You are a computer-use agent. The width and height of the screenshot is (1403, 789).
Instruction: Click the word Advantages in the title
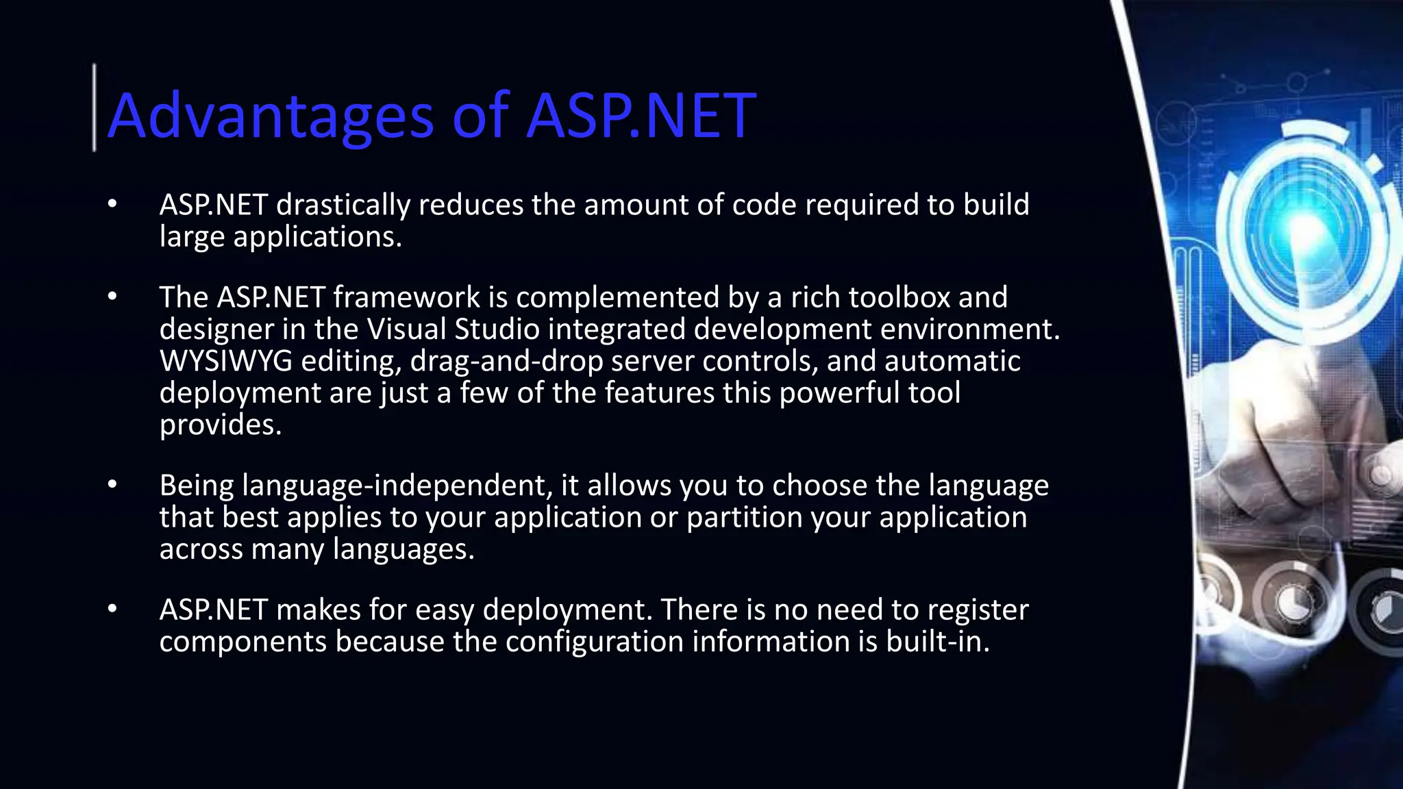271,116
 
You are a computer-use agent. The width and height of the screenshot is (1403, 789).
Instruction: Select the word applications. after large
317,237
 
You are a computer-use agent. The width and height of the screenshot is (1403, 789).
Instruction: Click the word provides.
221,425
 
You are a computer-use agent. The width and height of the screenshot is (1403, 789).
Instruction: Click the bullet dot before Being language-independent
113,485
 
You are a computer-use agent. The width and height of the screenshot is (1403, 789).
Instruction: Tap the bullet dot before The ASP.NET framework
113,297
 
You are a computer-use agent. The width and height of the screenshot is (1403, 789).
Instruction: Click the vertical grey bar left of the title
95,108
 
